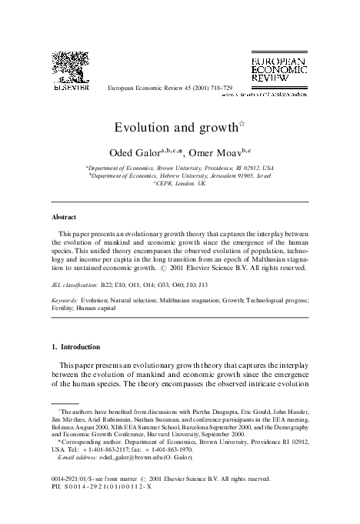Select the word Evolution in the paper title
pos(142,125)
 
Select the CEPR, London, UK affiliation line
pos(180,185)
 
